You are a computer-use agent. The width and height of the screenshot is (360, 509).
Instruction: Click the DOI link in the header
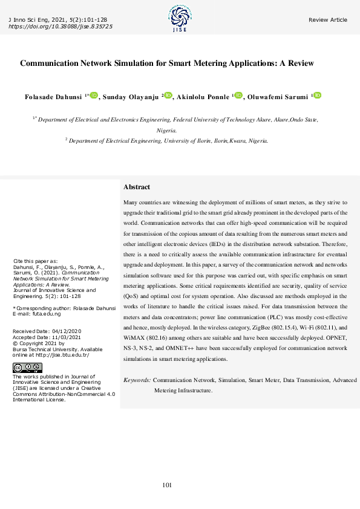(61, 27)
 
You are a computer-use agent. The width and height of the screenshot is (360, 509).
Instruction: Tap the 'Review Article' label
(328, 20)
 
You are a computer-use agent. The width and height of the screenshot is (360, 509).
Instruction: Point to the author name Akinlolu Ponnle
(203, 96)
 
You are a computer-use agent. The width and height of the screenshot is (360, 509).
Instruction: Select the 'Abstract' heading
(137, 187)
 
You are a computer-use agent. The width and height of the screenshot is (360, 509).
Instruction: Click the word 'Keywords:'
(137, 380)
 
